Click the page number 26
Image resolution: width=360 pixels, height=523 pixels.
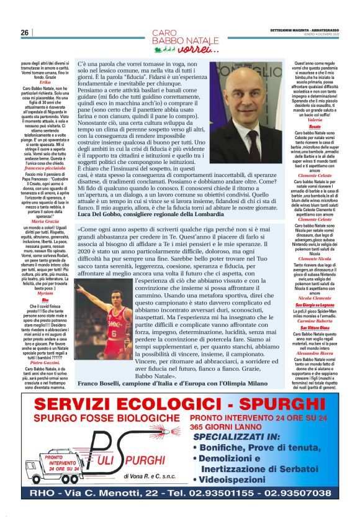click(25, 32)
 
